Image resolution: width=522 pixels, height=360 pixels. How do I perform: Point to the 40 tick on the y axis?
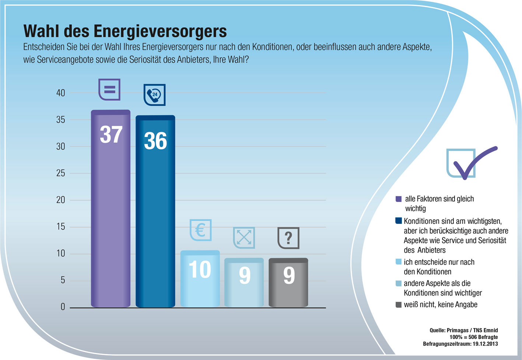60,93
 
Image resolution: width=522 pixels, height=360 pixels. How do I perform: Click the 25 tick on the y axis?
60,173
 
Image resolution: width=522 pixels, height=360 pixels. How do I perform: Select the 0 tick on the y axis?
63,307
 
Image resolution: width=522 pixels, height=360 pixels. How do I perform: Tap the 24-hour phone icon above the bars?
154,95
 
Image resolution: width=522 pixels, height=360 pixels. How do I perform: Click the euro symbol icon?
200,230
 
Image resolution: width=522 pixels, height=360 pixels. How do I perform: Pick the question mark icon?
288,238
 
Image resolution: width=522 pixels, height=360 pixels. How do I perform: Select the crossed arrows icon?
244,238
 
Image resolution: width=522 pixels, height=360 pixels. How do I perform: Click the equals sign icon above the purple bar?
109,89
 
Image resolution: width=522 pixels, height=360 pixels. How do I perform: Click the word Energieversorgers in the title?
160,31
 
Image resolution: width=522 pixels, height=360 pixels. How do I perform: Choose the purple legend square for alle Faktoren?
398,199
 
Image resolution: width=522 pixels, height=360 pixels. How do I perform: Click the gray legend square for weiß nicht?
398,305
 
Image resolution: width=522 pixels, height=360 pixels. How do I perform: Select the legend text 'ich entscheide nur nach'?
439,262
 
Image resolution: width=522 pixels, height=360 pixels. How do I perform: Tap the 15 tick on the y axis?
60,227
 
